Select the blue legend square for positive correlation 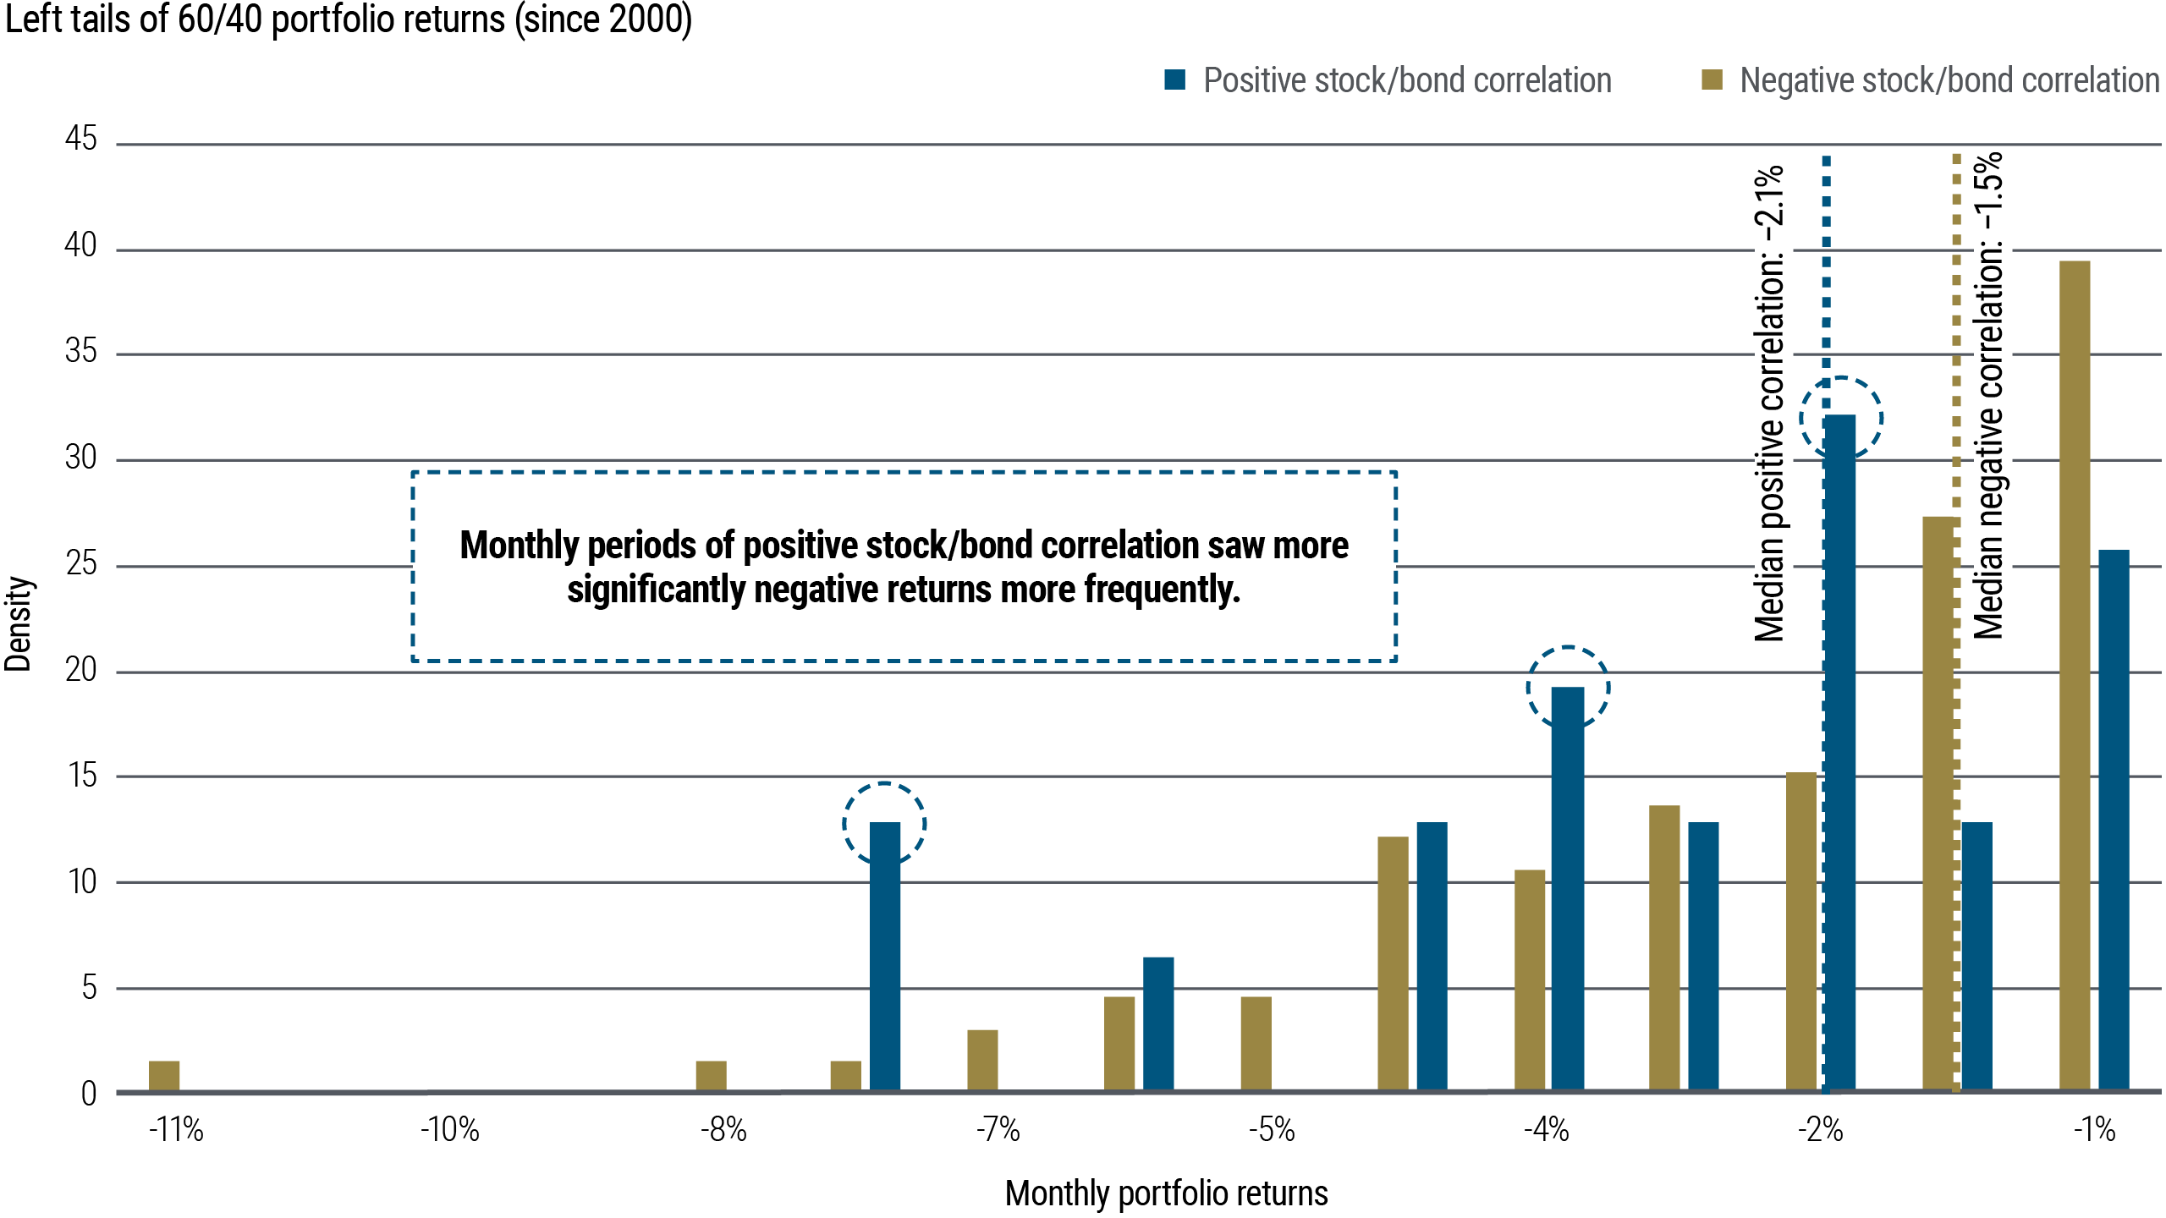click(1174, 80)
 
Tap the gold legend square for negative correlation click(1712, 80)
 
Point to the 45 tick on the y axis click(81, 139)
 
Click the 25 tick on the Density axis click(81, 563)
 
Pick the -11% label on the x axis click(176, 1129)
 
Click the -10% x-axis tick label click(450, 1129)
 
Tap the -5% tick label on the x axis click(1272, 1129)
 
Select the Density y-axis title click(19, 624)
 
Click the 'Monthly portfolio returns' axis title click(1166, 1193)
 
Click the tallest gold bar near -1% click(2075, 677)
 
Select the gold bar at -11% click(164, 1075)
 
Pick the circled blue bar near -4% click(1568, 888)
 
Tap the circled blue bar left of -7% click(885, 956)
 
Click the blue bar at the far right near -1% click(2114, 820)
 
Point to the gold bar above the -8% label click(711, 1075)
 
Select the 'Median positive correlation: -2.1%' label click(1769, 404)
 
